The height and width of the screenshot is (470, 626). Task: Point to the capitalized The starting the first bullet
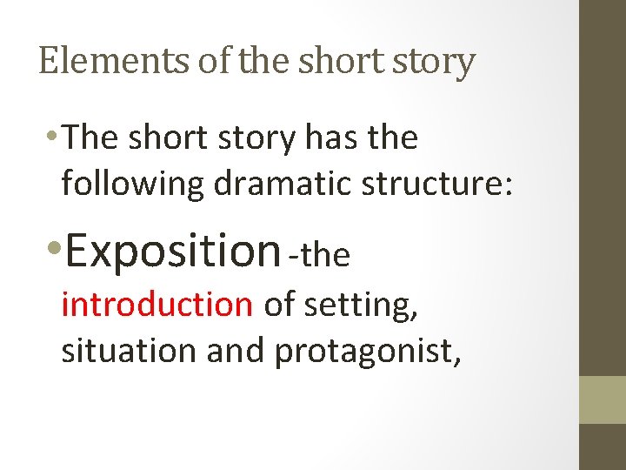click(x=91, y=138)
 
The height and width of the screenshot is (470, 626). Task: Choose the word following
click(x=130, y=185)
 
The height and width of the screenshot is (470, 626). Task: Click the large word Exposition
click(x=171, y=250)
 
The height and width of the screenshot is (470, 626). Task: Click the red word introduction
click(x=156, y=304)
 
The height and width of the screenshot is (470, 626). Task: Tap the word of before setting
click(x=278, y=304)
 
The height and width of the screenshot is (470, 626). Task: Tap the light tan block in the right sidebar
click(x=603, y=399)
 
